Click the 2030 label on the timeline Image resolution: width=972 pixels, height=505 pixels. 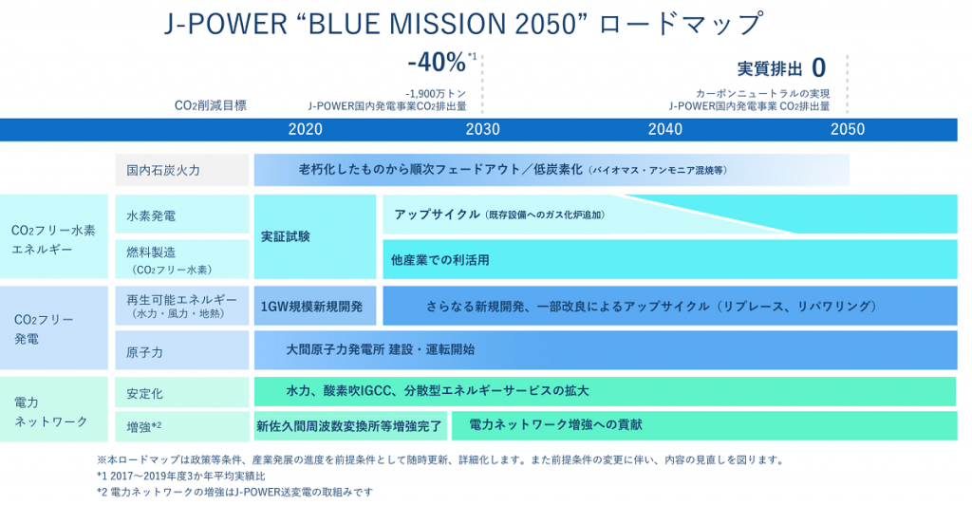[x=482, y=129]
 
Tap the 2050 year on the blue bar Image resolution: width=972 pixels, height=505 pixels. [x=848, y=129]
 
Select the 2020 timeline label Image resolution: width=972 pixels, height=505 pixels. [x=305, y=129]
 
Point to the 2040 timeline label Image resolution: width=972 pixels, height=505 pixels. [x=665, y=129]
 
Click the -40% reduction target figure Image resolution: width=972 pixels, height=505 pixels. [x=437, y=63]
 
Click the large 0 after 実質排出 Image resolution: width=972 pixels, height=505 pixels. [x=819, y=67]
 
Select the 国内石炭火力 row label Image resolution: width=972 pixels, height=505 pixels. [x=163, y=171]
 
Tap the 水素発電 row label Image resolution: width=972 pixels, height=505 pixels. [x=151, y=215]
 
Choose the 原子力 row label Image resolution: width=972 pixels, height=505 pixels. [x=144, y=352]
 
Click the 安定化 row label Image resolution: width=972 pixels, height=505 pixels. [x=144, y=394]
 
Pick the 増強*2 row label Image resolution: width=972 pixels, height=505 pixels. [x=144, y=426]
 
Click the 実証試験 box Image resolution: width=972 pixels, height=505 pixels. [x=315, y=236]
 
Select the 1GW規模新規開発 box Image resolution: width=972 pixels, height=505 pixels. [x=315, y=306]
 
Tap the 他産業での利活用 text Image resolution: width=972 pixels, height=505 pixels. [x=440, y=260]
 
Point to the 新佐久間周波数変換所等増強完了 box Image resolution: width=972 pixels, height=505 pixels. [x=350, y=425]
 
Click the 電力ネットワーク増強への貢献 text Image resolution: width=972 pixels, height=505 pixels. [x=555, y=424]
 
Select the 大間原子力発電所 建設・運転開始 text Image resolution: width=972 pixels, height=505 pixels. [x=380, y=349]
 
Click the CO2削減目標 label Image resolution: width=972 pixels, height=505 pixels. [x=211, y=105]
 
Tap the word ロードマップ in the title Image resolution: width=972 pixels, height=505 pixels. [x=680, y=24]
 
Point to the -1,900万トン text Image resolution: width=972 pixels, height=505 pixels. [x=436, y=94]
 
